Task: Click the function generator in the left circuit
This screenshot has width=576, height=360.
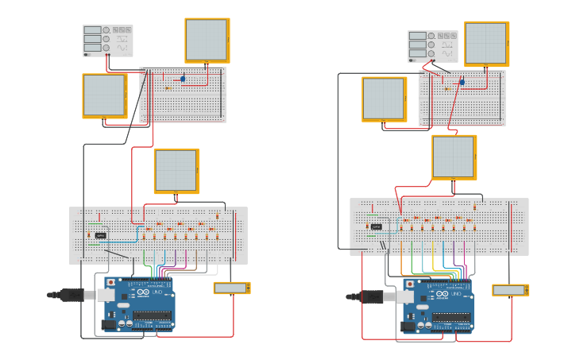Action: (107, 41)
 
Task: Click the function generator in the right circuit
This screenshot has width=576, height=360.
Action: (433, 46)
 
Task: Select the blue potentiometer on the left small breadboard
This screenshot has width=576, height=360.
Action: (183, 79)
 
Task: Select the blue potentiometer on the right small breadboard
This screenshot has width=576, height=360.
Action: (462, 82)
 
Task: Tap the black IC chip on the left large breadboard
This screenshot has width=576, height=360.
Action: (101, 235)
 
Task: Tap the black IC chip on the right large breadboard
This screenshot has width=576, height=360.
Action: (377, 226)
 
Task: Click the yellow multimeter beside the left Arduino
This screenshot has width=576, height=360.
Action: (231, 288)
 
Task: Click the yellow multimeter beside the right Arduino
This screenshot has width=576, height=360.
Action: (509, 290)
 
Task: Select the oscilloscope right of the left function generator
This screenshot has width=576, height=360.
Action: (207, 40)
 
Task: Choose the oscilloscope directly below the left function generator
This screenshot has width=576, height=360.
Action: (105, 96)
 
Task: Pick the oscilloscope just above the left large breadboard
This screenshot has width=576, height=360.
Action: (176, 171)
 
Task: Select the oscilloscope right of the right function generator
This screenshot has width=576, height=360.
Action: (485, 44)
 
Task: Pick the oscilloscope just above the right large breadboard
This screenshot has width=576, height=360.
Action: (454, 157)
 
